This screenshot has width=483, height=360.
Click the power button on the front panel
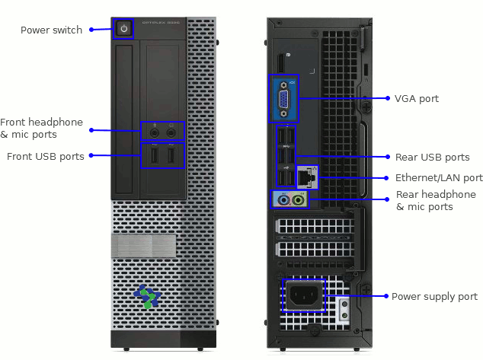point(123,30)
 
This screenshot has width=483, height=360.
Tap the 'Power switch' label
point(51,30)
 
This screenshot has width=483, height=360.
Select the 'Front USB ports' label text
point(45,157)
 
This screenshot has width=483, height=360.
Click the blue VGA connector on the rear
point(283,98)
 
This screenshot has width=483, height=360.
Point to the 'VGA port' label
point(416,99)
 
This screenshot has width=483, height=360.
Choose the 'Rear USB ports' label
point(432,158)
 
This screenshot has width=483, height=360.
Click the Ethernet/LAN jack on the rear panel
point(306,177)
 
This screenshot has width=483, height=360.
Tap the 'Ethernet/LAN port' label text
point(439,178)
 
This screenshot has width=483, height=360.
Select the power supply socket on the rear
point(304,296)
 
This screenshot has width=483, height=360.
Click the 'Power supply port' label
point(434,297)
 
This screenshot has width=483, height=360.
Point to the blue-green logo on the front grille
point(146,296)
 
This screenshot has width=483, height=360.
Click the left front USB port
point(153,156)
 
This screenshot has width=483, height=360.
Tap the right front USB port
point(171,156)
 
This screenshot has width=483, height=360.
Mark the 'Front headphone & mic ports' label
point(41,128)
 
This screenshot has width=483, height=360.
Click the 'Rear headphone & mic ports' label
point(435,201)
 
